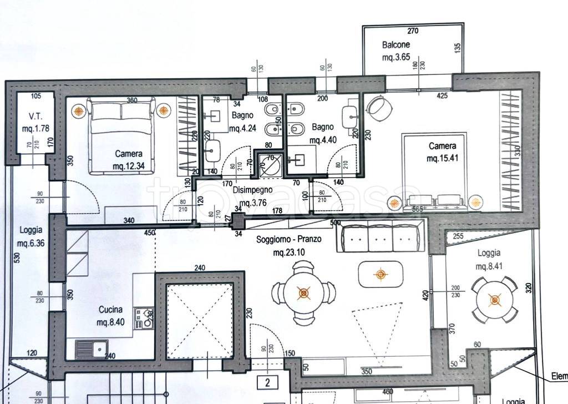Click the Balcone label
pos(395,44)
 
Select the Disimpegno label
pos(249,189)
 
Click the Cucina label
pos(111,310)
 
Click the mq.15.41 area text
pos(442,159)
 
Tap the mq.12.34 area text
pos(128,165)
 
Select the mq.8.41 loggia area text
pos(488,266)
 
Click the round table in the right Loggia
pos(495,300)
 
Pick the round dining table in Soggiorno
pos(303,292)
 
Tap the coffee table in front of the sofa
pos(380,274)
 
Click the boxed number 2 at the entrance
pos(267,382)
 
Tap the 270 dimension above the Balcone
pos(412,31)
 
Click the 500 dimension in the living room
pos(335,223)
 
